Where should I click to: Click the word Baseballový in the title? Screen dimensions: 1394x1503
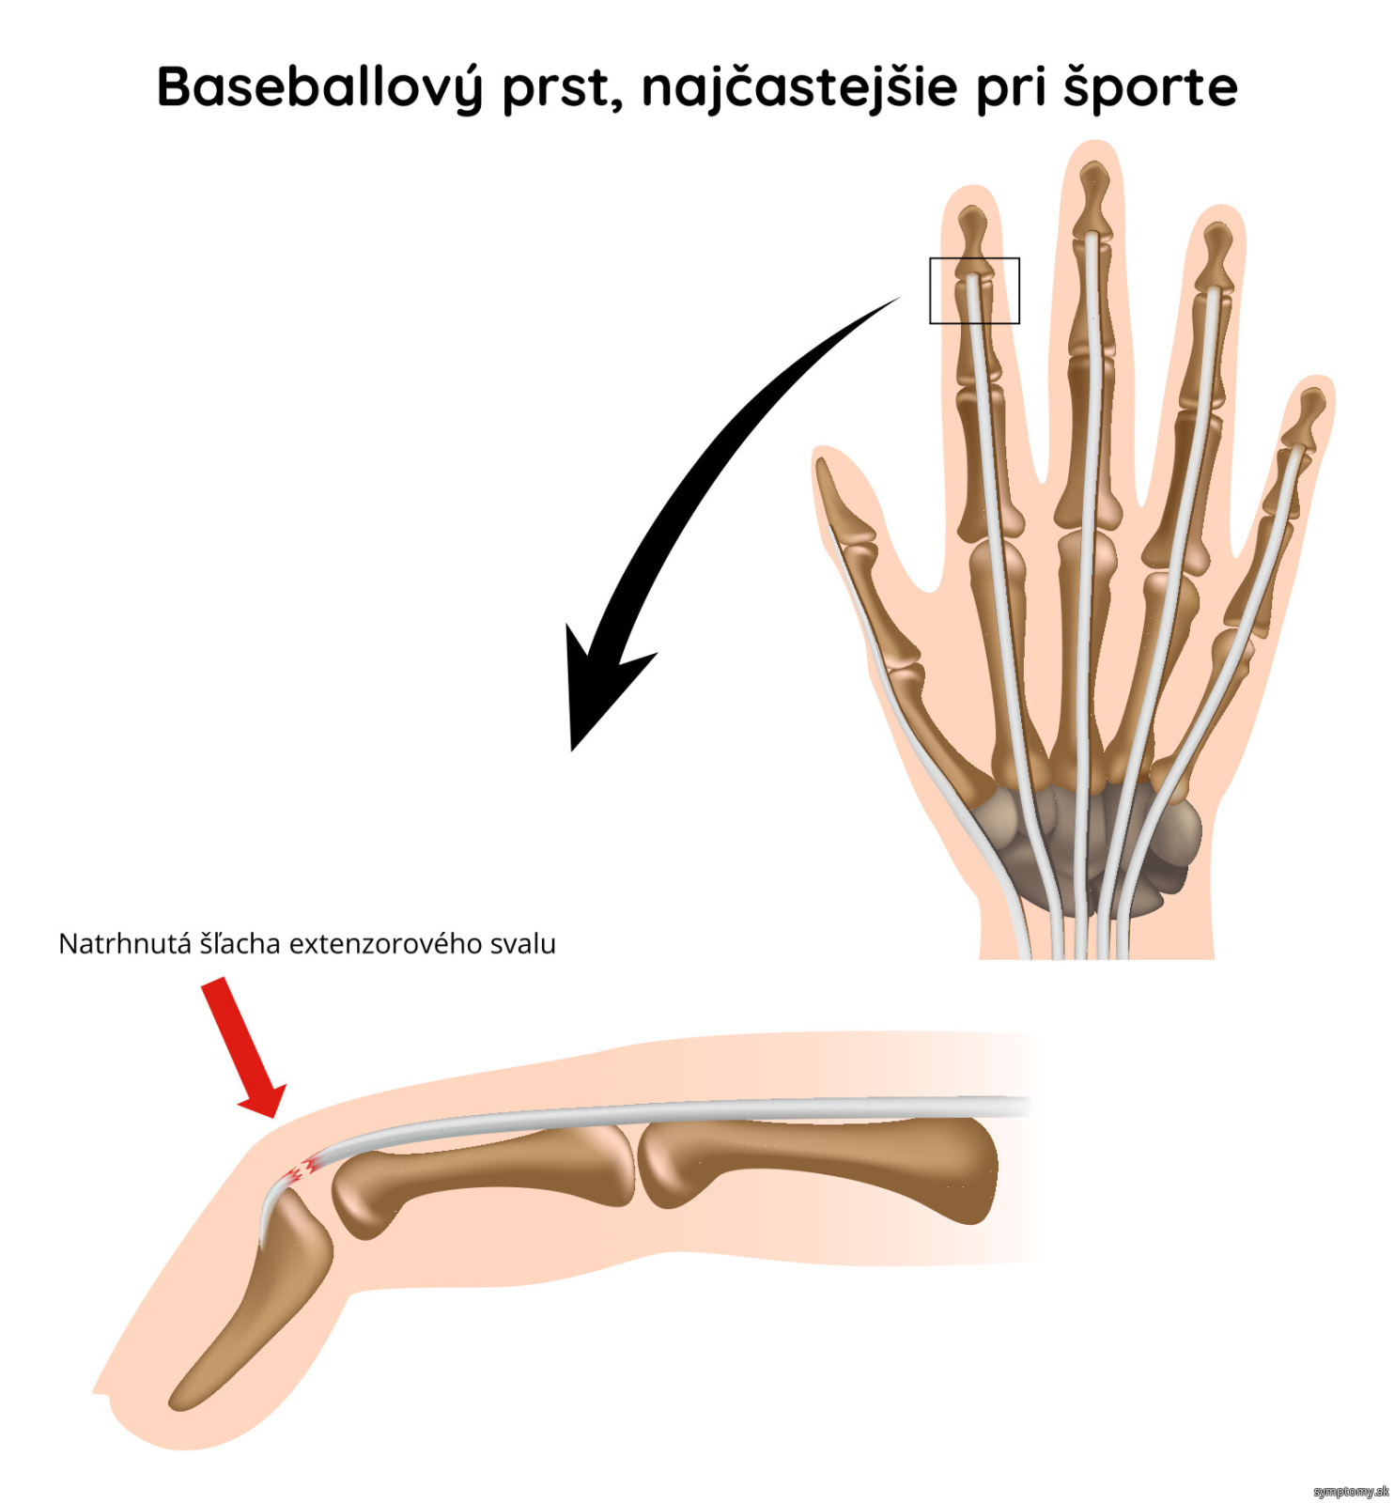coord(319,87)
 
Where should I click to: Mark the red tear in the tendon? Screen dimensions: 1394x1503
coord(300,1169)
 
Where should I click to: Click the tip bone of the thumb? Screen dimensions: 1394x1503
coord(844,502)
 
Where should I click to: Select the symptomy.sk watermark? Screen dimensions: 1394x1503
coord(1351,1491)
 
